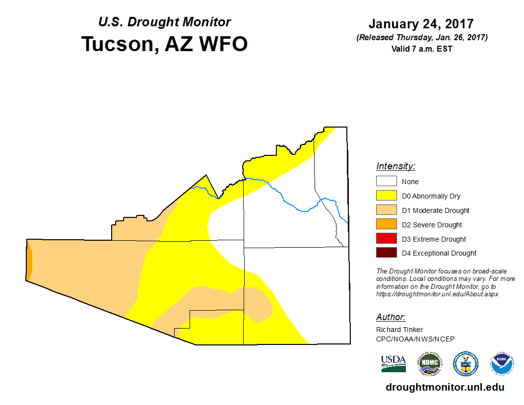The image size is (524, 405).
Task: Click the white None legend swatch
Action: (387, 181)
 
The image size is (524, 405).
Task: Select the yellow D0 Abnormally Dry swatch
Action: (387, 196)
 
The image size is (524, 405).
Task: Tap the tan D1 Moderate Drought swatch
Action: (387, 210)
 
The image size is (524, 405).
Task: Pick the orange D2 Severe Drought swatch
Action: (387, 224)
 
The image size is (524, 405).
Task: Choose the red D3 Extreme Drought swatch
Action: (387, 239)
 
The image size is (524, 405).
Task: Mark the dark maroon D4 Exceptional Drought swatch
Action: (387, 253)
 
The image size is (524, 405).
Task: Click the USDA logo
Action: (393, 364)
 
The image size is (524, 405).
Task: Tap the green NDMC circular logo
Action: (430, 364)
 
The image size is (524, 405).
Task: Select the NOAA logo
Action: (502, 364)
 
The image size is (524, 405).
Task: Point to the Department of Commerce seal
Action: (465, 364)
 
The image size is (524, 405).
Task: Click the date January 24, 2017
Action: (421, 24)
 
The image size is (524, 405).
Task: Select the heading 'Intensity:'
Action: (395, 166)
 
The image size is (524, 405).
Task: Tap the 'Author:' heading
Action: (391, 317)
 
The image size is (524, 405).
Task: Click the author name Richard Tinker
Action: (399, 330)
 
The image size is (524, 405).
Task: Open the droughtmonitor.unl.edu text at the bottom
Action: (445, 387)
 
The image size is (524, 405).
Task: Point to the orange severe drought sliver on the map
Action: (29, 261)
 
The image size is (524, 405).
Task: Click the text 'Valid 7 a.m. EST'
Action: (422, 49)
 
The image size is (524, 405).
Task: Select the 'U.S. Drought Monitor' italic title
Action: (164, 22)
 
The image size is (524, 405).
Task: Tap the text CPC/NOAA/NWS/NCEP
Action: (415, 339)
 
